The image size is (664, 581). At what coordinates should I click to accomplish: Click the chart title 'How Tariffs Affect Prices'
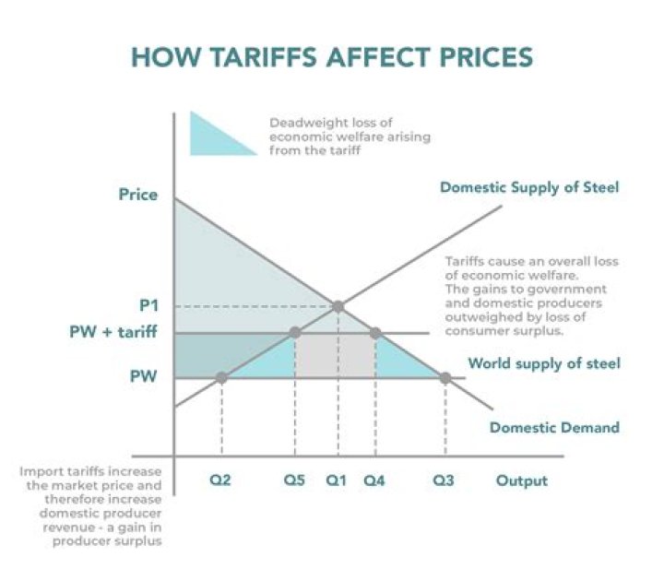pyautogui.click(x=332, y=56)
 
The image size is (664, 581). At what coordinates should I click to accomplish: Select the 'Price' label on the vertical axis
pyautogui.click(x=138, y=195)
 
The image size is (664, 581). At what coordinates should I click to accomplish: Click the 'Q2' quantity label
pyautogui.click(x=219, y=480)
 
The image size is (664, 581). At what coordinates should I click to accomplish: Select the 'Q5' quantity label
pyautogui.click(x=294, y=480)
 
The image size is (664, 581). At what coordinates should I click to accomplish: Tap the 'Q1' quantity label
pyautogui.click(x=338, y=480)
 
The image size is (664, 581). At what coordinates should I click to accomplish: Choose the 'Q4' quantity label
pyautogui.click(x=374, y=480)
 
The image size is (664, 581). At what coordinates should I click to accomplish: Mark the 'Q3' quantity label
pyautogui.click(x=445, y=480)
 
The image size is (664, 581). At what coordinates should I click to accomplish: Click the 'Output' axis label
pyautogui.click(x=522, y=480)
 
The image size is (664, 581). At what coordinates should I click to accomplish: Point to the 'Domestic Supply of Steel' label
pyautogui.click(x=529, y=188)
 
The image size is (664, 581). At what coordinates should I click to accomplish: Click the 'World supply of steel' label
pyautogui.click(x=543, y=363)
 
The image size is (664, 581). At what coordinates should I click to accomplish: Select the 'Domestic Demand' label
pyautogui.click(x=554, y=427)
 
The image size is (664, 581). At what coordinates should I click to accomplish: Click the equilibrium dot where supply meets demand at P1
pyautogui.click(x=338, y=306)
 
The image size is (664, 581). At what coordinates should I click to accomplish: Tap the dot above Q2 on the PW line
pyautogui.click(x=221, y=377)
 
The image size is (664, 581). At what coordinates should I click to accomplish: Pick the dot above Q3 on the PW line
pyautogui.click(x=445, y=377)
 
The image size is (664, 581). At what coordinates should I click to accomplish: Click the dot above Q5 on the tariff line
pyautogui.click(x=294, y=333)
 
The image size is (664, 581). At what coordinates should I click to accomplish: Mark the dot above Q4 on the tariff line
pyautogui.click(x=375, y=333)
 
